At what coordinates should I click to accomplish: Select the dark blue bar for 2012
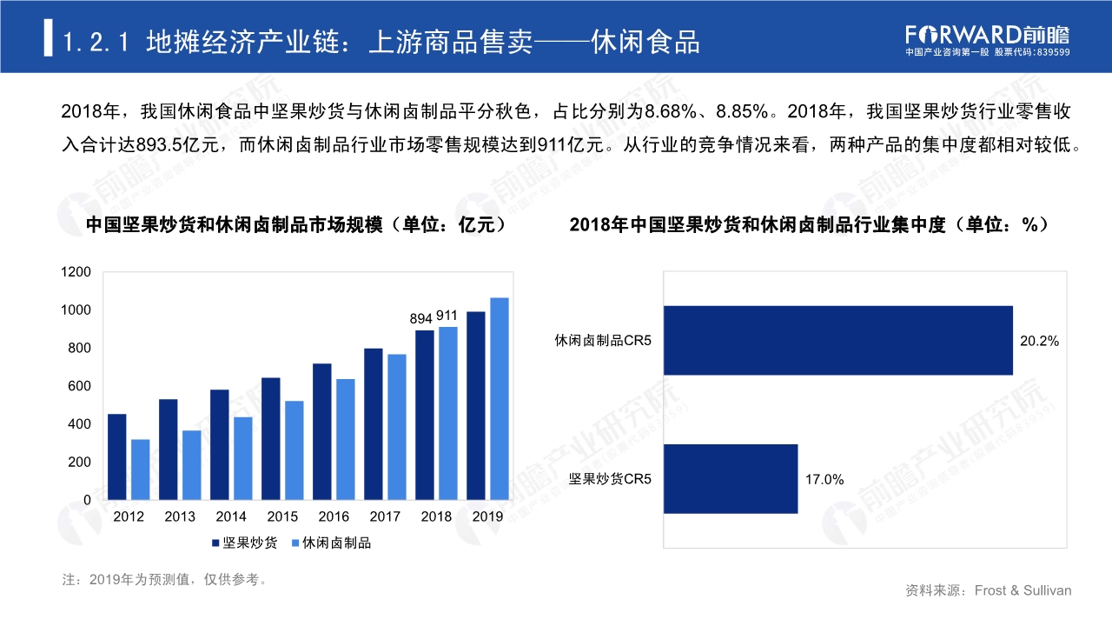tap(116, 456)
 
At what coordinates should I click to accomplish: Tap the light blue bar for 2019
tap(500, 398)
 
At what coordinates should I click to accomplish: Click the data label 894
tap(421, 319)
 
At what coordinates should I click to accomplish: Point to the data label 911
tap(447, 316)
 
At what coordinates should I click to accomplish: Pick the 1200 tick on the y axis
tap(76, 272)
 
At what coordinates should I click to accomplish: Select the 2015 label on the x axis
tap(282, 517)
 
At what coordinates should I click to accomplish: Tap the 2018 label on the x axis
tap(436, 517)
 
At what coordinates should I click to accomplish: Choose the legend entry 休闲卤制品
tap(336, 543)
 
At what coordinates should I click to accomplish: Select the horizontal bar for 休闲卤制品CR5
tap(837, 340)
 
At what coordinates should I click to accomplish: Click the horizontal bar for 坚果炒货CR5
tap(730, 478)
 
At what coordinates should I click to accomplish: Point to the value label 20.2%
tap(1039, 342)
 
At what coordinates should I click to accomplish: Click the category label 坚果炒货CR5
tap(610, 479)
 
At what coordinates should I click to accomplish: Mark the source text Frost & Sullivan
tap(1023, 590)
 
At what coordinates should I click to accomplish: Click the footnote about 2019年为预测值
tap(165, 579)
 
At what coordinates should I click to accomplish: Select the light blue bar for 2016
tap(346, 439)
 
